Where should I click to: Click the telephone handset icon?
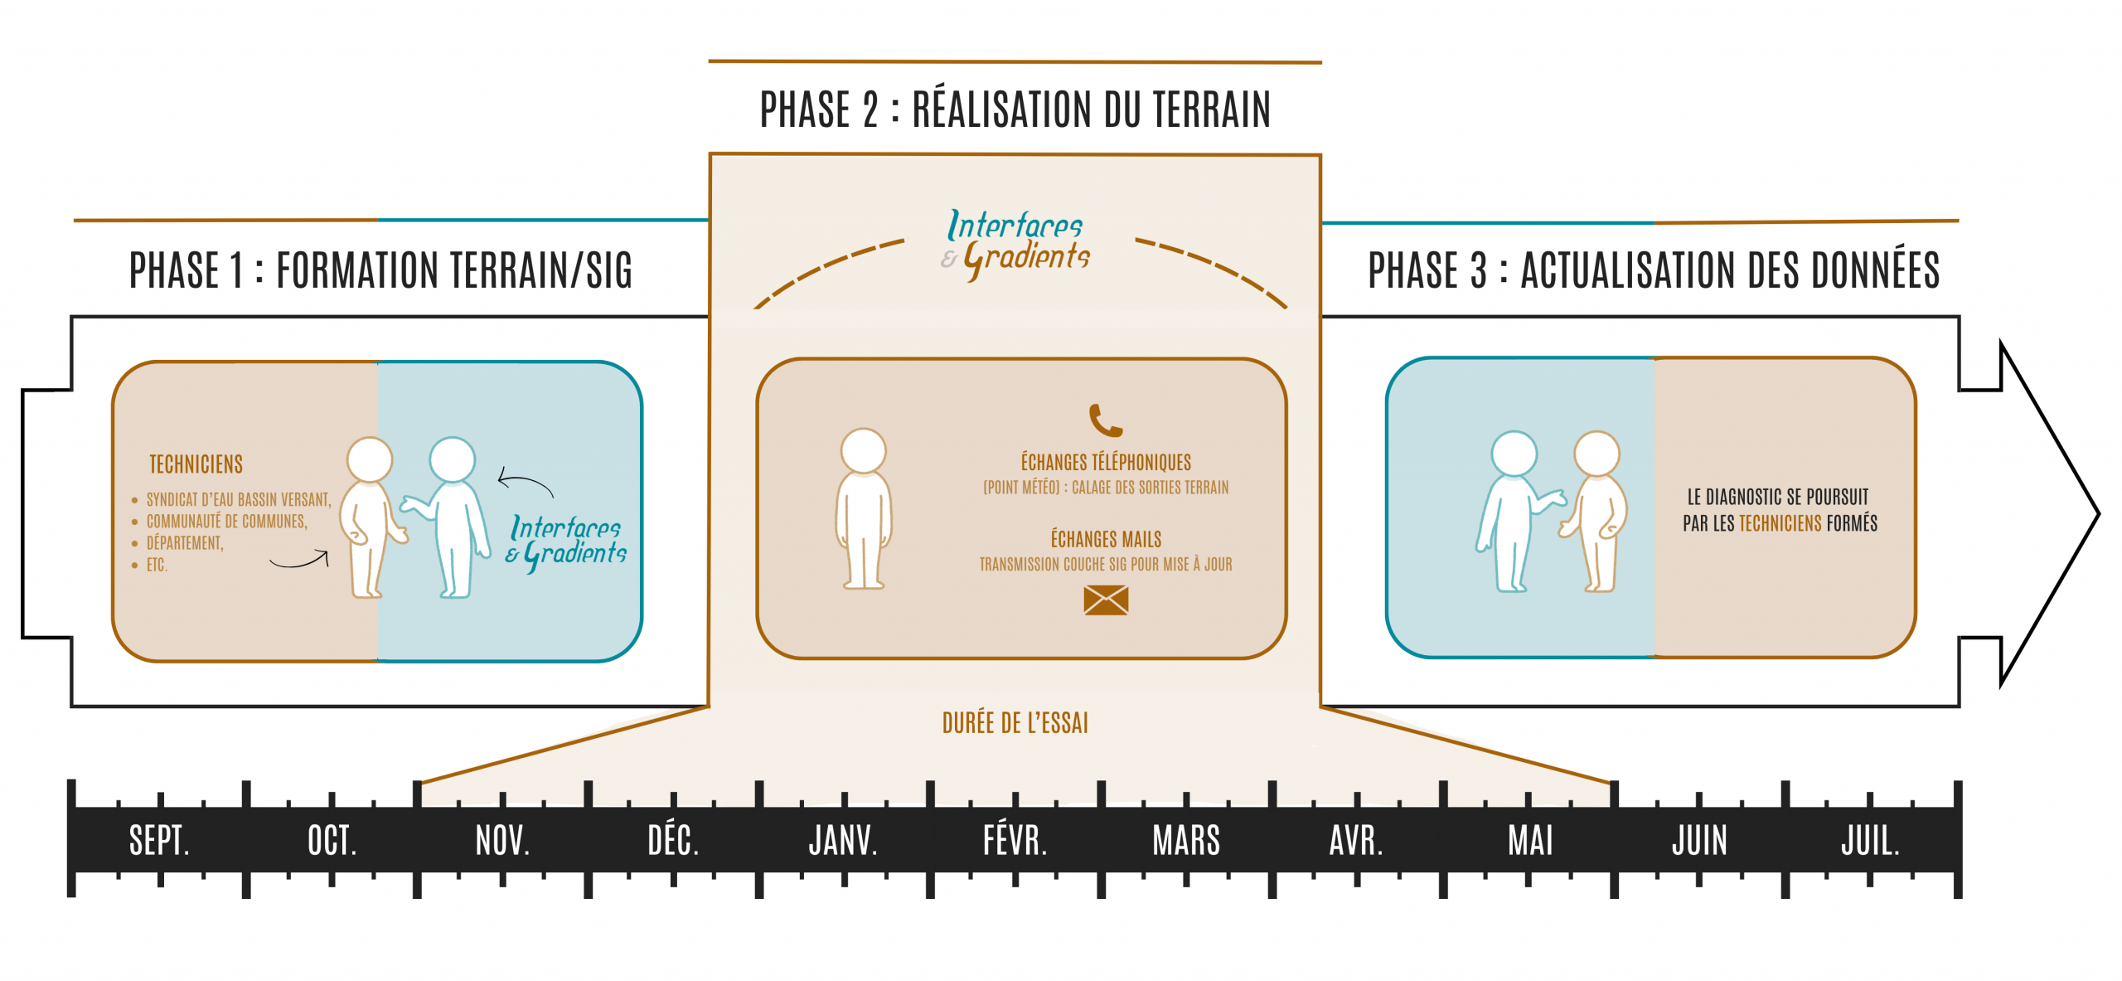(1105, 420)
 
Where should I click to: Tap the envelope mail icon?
(1106, 600)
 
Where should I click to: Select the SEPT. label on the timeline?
(159, 841)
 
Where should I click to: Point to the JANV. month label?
(843, 841)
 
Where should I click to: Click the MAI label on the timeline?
(1530, 841)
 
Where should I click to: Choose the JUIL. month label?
(1870, 841)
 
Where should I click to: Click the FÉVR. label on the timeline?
(1015, 841)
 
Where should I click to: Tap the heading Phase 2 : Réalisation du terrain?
(1015, 109)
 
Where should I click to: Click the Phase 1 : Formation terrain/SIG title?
(380, 270)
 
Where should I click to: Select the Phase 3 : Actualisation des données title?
(1654, 270)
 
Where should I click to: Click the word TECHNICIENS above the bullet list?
(196, 464)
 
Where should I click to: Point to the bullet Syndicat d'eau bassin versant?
(239, 500)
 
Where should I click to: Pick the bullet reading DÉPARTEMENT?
(185, 543)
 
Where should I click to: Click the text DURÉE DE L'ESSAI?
(1015, 723)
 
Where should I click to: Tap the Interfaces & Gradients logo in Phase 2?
(1016, 242)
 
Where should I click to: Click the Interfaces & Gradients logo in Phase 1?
(567, 541)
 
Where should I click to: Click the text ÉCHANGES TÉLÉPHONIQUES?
(1106, 462)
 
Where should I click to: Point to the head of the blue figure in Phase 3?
(1514, 454)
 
